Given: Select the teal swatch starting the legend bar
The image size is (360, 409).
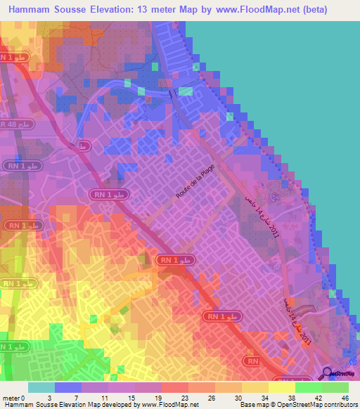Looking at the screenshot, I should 41,387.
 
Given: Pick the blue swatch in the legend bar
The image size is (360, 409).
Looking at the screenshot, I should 68,387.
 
